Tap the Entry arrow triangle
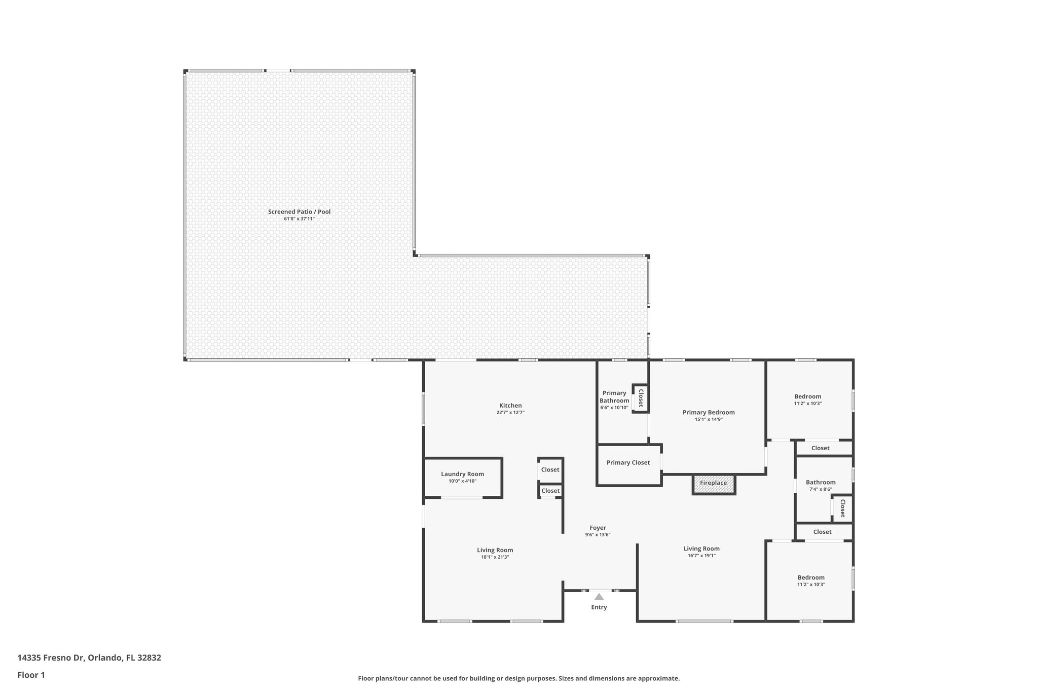click(599, 597)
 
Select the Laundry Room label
click(462, 474)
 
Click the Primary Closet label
click(628, 462)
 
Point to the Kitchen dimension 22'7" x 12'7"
click(510, 413)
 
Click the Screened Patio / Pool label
click(299, 211)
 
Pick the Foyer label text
click(598, 528)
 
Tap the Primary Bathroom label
click(614, 397)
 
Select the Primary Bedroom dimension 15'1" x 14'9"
click(709, 419)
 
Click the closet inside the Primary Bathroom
click(641, 398)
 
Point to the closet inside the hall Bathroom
click(842, 508)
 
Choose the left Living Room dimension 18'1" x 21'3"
click(495, 557)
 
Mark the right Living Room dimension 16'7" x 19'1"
click(701, 556)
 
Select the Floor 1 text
click(31, 675)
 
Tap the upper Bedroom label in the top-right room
click(807, 396)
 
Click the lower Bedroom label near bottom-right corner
click(811, 577)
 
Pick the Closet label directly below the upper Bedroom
click(820, 448)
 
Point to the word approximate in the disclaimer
click(658, 678)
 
